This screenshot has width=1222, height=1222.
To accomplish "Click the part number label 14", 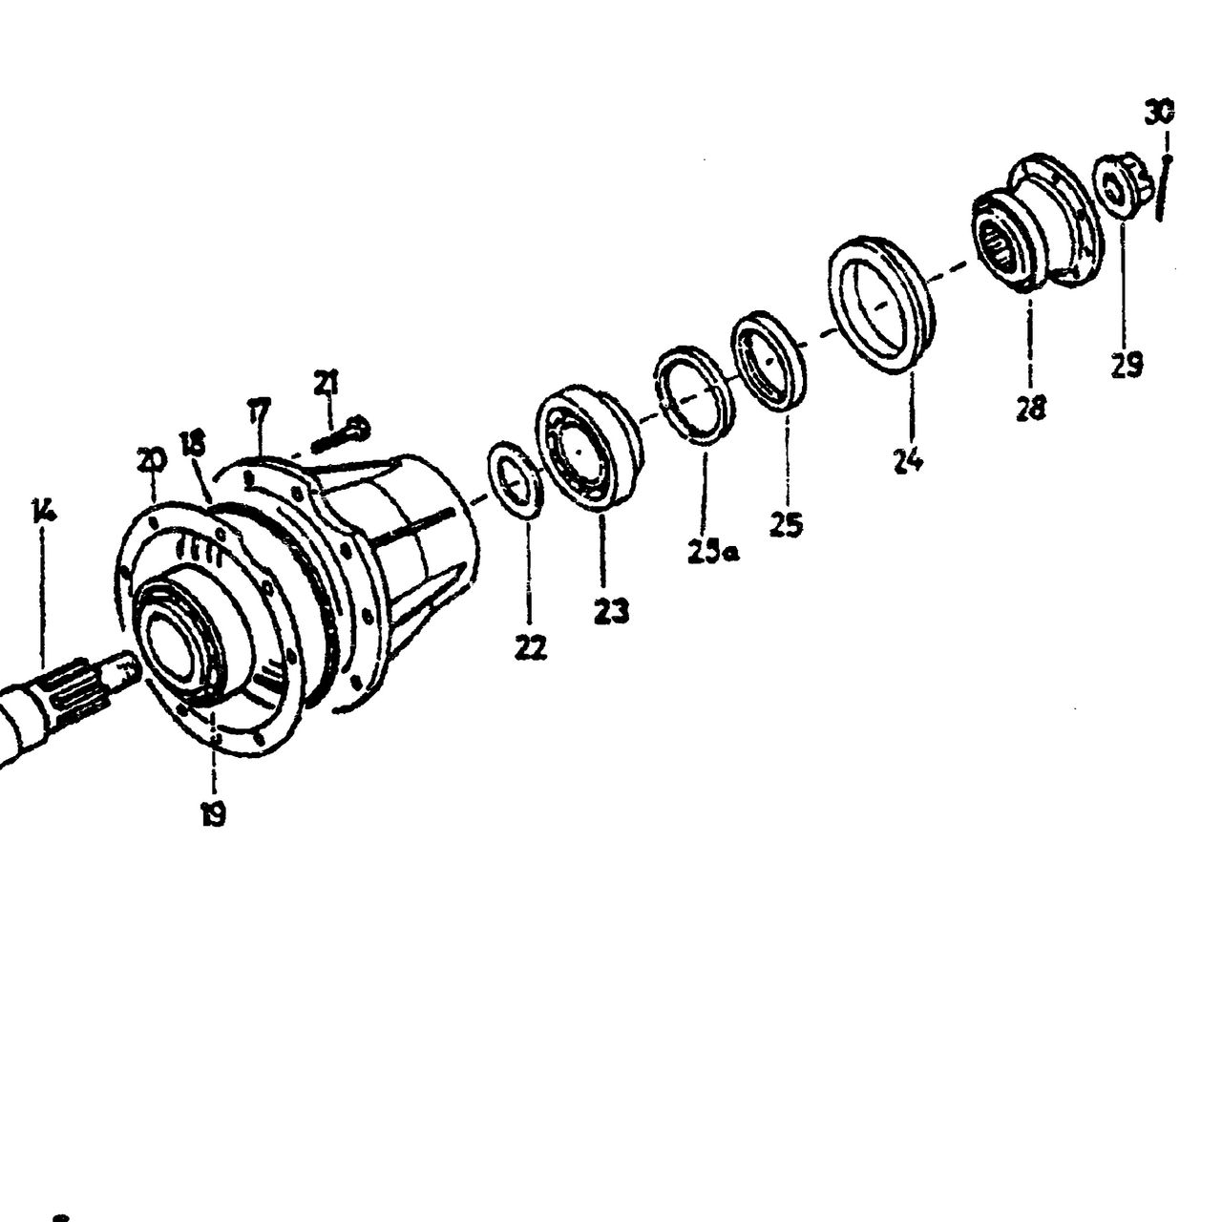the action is pos(44,511).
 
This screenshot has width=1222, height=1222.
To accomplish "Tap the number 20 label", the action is pos(151,460).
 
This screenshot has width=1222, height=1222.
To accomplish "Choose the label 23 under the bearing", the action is pos(611,611).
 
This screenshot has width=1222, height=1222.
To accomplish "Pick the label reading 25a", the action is pos(713,551).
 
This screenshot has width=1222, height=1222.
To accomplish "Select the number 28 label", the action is pos(1030,408).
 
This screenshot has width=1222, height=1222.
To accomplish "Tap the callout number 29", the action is pos(1127,365).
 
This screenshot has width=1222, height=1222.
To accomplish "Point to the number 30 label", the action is pos(1159,113).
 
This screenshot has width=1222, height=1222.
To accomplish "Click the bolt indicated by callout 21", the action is pos(341,435).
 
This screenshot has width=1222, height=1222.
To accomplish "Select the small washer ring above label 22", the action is pos(515,479).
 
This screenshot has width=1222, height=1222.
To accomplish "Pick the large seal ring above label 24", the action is pos(880,304).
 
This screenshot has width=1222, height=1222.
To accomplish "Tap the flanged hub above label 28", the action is pos(1038,223).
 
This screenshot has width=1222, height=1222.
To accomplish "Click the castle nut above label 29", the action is pos(1121,186).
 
